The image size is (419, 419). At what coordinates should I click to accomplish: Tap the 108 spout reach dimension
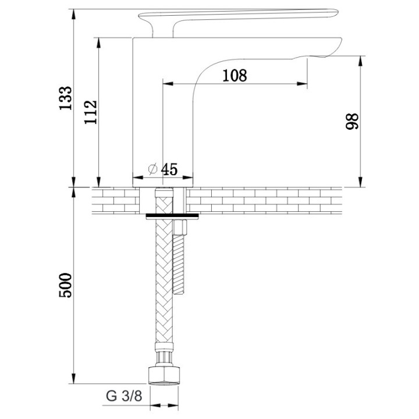(x=235, y=75)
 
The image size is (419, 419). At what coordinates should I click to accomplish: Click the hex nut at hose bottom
(x=164, y=373)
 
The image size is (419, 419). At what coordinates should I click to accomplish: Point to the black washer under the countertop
(x=173, y=216)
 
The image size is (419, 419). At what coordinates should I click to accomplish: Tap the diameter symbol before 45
(x=152, y=169)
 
